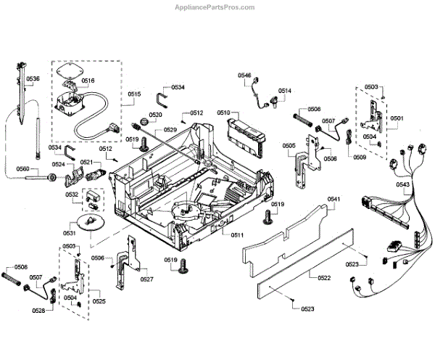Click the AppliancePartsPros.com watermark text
pyautogui.click(x=217, y=7)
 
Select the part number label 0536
pyautogui.click(x=33, y=78)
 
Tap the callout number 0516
pyautogui.click(x=88, y=81)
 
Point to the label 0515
pyautogui.click(x=135, y=94)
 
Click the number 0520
pyautogui.click(x=156, y=115)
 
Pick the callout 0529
pyautogui.click(x=170, y=129)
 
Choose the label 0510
pyautogui.click(x=223, y=113)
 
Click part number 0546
pyautogui.click(x=244, y=75)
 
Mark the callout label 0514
pyautogui.click(x=285, y=91)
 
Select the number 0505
pyautogui.click(x=289, y=146)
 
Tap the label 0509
pyautogui.click(x=360, y=157)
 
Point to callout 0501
pyautogui.click(x=397, y=118)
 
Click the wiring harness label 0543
pyautogui.click(x=403, y=185)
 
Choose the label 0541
pyautogui.click(x=333, y=198)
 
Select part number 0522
pyautogui.click(x=324, y=278)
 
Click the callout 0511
pyautogui.click(x=238, y=235)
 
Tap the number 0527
pyautogui.click(x=146, y=279)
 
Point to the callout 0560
pyautogui.click(x=22, y=169)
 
